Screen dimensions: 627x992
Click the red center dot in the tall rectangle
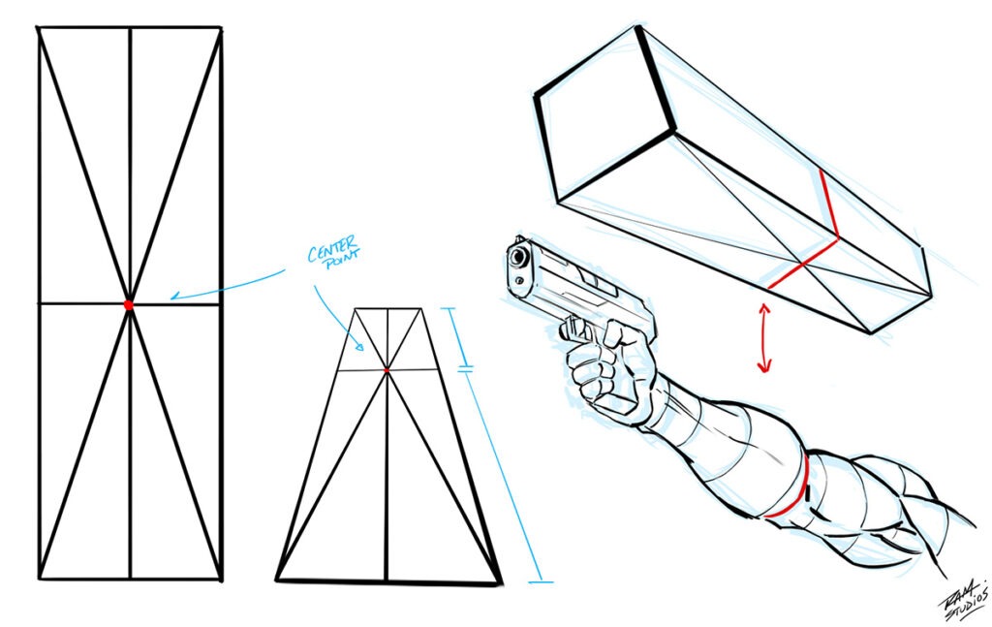128,304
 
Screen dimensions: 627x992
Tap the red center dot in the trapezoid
386,370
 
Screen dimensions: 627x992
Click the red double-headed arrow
764,338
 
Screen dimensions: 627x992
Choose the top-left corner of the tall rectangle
38,28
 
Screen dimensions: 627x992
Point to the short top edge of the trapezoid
387,309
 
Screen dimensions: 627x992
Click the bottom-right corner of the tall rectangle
221,580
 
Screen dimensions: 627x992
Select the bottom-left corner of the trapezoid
277,580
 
